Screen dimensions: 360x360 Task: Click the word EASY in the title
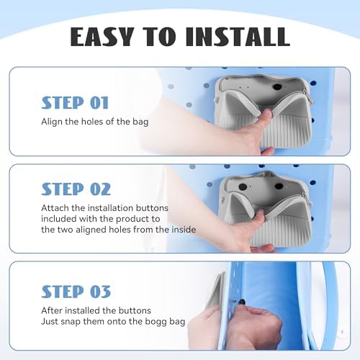[x=102, y=37]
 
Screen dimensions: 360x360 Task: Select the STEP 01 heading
[x=75, y=103]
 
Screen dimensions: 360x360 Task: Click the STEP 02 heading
[x=76, y=189]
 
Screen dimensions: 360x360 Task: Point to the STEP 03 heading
[x=76, y=292]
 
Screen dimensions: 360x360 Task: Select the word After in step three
[x=52, y=310]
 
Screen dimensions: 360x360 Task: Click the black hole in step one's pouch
[x=277, y=87]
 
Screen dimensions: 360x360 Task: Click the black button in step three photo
[x=241, y=302]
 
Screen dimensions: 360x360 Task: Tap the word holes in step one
[x=92, y=122]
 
